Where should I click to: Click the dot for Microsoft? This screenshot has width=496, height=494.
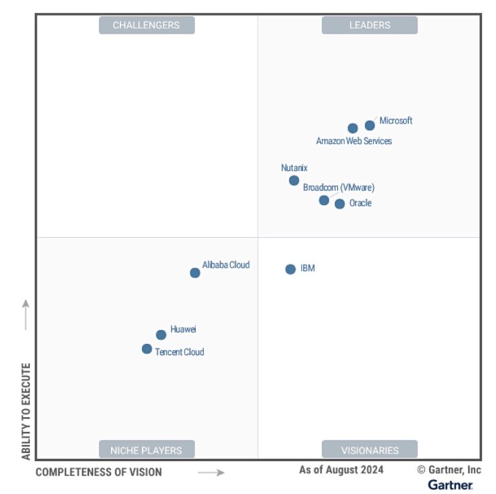369,125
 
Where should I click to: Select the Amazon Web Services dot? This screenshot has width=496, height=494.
353,129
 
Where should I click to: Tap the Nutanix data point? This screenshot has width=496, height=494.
294,180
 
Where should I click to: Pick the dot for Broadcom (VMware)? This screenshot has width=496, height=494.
324,200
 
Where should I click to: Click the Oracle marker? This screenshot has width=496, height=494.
340,204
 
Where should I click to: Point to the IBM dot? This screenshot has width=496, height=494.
291,269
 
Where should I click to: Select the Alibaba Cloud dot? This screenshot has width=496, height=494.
195,273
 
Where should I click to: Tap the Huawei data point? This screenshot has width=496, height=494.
161,335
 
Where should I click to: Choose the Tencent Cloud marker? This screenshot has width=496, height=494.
147,349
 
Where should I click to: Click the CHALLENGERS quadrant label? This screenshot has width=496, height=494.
147,25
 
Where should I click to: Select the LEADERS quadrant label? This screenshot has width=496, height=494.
369,25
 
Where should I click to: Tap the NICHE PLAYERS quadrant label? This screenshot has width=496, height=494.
147,450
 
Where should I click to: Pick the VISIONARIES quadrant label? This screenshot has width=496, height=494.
369,450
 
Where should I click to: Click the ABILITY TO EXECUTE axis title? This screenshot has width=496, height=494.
26,411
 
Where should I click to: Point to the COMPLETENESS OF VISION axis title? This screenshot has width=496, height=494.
99,472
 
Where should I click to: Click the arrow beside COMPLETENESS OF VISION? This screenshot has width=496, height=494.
211,473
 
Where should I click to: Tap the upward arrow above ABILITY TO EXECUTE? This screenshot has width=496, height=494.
26,314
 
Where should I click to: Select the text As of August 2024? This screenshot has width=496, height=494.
341,470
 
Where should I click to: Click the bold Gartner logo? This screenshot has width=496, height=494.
450,484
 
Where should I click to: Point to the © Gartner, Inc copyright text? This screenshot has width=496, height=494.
448,470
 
